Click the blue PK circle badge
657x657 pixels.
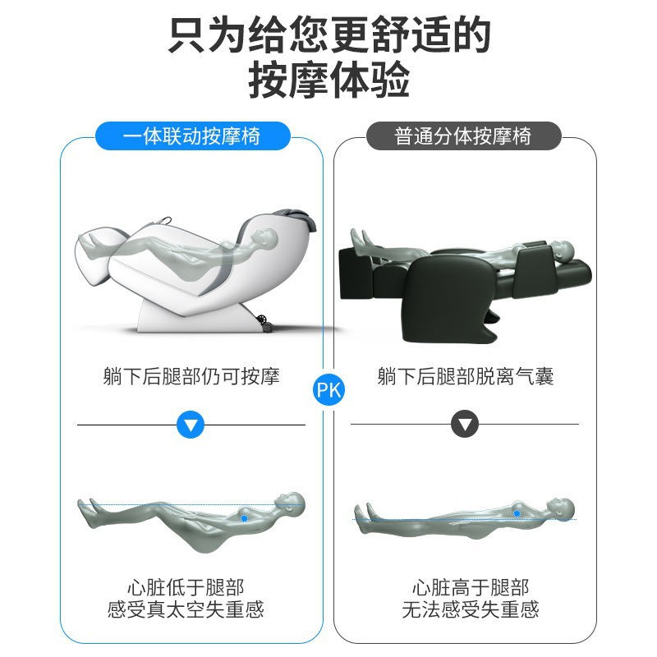329,389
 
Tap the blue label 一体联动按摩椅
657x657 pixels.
193,136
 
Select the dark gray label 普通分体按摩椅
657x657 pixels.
463,136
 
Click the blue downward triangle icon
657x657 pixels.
191,425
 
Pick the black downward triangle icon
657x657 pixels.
465,424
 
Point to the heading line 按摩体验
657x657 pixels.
329,79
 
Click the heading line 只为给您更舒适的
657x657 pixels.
329,34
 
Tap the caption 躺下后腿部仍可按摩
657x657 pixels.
191,376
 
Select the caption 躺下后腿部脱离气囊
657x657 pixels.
465,376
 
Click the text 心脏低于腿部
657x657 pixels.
186,587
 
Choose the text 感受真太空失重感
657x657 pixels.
186,609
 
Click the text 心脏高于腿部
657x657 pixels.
471,587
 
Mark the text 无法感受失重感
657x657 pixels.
471,609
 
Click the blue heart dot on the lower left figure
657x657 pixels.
244,519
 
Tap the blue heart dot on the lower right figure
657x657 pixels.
517,513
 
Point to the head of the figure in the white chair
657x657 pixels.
267,238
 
